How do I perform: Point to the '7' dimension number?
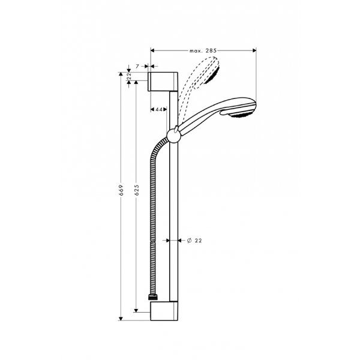137,64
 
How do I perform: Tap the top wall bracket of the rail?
163,80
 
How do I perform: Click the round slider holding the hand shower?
173,135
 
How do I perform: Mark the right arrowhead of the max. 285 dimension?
254,51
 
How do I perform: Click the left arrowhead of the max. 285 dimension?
152,51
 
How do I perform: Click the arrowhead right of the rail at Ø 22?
180,240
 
